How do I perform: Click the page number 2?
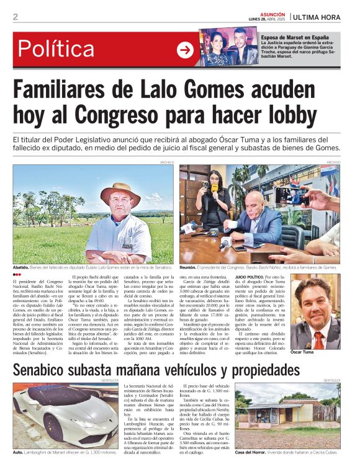click(x=16, y=17)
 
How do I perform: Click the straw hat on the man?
click(x=121, y=189)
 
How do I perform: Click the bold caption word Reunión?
click(x=190, y=267)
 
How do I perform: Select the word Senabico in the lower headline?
click(x=48, y=371)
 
